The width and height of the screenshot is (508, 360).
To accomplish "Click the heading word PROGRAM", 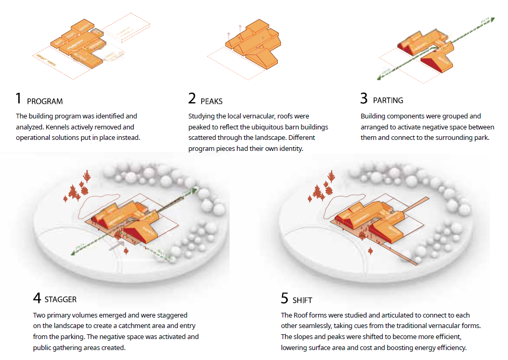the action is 45,101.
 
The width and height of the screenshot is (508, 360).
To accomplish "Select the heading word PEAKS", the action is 212,101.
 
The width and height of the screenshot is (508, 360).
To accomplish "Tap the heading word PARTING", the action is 388,100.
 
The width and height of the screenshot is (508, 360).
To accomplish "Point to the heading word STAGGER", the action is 60,300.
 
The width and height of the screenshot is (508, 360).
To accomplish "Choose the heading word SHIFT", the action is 303,300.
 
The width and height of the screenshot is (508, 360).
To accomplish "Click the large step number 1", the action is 19,99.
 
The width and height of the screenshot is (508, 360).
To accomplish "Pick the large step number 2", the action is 192,99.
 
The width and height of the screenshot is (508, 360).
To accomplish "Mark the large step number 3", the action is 364,99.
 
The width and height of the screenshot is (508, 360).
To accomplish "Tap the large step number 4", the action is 37,298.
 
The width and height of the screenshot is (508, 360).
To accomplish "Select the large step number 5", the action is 285,298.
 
